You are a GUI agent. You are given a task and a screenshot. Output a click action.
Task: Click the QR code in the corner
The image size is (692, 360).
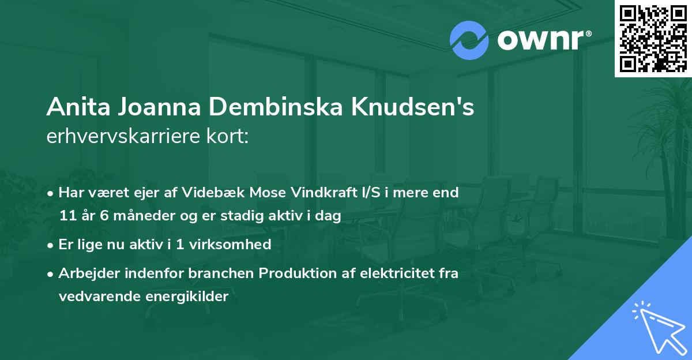[x=653, y=38]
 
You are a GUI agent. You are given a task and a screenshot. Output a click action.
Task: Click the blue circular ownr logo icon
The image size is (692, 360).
[x=469, y=40]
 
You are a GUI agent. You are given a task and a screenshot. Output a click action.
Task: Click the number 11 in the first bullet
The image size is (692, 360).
[x=66, y=216]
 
